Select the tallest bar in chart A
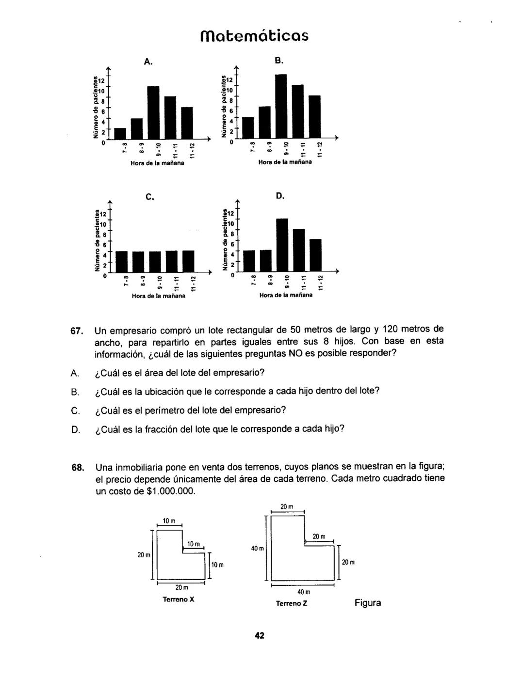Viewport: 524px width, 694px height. [153, 112]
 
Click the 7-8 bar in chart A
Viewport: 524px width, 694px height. [120, 133]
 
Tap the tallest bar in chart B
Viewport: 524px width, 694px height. [281, 106]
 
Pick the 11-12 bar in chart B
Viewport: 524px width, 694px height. [315, 116]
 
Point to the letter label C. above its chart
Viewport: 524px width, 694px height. [149, 197]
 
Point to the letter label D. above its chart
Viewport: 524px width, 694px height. [280, 196]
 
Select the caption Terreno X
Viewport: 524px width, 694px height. [179, 599]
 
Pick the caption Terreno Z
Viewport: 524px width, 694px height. [292, 604]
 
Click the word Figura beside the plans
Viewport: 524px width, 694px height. [367, 603]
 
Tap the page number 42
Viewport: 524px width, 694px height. [260, 636]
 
